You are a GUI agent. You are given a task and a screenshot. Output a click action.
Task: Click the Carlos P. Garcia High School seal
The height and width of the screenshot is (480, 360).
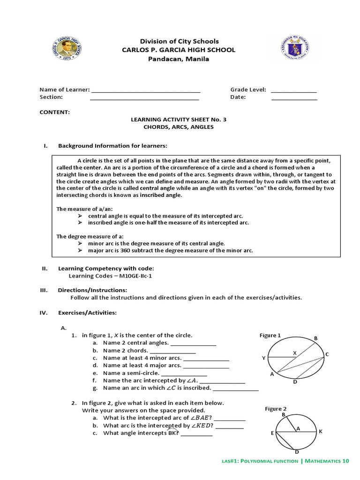68,49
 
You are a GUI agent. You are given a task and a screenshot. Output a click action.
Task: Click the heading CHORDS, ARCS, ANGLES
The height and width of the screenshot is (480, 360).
178,127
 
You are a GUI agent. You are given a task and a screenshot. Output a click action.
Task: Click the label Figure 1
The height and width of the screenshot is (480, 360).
270,335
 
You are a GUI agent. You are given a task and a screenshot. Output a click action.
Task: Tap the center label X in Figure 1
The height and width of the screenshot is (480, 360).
295,352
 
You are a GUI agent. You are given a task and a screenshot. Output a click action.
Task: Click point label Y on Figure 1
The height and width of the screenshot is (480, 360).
263,358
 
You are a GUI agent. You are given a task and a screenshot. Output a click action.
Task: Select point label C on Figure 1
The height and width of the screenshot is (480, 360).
327,354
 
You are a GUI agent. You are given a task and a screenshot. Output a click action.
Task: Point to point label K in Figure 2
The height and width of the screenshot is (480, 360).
321,431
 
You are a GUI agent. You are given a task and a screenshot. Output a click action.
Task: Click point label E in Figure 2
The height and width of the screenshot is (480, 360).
272,434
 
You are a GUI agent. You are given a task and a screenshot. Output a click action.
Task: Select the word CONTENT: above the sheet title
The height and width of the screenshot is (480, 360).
55,112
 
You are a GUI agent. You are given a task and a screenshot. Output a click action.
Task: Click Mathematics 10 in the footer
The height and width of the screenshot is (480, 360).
327,461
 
